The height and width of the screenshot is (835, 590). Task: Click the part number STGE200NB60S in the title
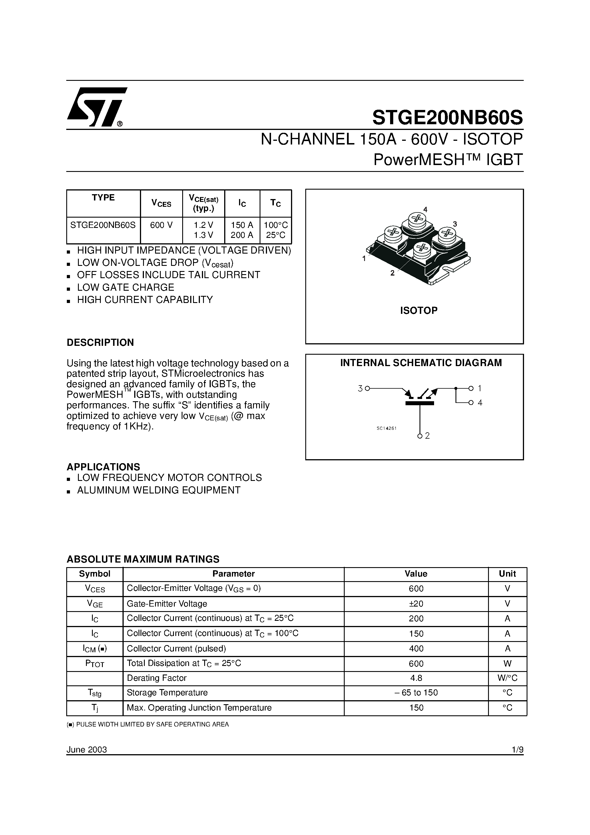[x=447, y=117]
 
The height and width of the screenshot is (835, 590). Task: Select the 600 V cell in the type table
[x=161, y=225]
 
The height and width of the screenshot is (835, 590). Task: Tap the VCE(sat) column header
[x=203, y=203]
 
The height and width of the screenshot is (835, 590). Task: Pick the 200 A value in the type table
[x=242, y=235]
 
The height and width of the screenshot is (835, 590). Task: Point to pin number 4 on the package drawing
[x=425, y=210]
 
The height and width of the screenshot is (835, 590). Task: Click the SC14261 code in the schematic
[x=386, y=428]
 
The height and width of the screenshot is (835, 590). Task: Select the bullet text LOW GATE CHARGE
[x=125, y=287]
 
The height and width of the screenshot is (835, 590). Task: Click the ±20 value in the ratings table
[x=416, y=604]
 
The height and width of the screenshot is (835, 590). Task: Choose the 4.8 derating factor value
[x=416, y=678]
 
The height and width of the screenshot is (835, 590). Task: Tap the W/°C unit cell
[x=507, y=678]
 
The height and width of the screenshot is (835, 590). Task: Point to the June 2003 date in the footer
[x=87, y=750]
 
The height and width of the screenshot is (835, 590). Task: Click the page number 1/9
[x=517, y=750]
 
